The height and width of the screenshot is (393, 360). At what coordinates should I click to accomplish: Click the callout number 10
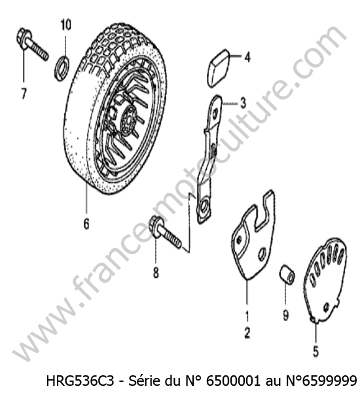point(65,25)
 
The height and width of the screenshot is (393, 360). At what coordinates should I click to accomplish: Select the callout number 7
point(24,93)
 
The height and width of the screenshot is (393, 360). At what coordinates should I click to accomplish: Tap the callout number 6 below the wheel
point(86,223)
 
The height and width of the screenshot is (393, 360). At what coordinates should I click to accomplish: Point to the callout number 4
point(247,58)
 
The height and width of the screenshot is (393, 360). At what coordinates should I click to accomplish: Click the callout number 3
point(243,103)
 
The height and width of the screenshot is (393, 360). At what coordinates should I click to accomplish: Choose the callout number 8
point(156,272)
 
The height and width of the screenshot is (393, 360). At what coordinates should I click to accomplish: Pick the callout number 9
point(286,315)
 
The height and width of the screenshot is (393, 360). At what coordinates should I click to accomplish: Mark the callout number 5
point(315,351)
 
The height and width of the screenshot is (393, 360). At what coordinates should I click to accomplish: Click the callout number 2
point(247,333)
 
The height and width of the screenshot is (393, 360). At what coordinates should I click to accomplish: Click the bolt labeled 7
point(32,45)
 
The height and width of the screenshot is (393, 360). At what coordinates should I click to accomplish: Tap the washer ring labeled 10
point(62,68)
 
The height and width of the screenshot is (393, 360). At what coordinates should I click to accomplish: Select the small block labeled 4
point(217,68)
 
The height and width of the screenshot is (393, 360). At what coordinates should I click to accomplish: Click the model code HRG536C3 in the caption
point(80,381)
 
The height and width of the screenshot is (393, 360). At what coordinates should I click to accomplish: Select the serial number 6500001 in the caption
point(233,381)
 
